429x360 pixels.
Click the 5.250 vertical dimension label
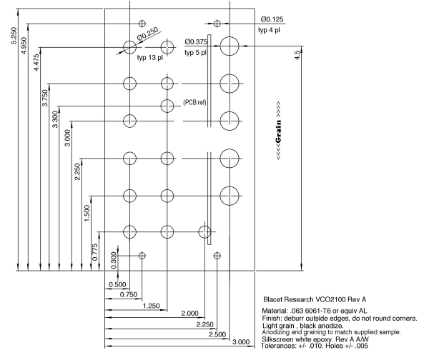pos(14,36)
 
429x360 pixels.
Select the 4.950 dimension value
pos(24,46)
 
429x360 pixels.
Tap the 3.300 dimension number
pos(55,119)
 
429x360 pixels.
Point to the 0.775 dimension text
pos(94,252)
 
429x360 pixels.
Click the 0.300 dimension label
pos(114,260)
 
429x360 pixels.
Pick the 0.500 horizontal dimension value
pos(117,284)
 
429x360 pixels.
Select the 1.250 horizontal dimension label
pos(151,306)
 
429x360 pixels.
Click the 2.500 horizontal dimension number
pos(217,334)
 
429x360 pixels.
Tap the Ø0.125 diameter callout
pos(272,19)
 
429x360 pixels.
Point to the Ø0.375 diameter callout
pos(196,42)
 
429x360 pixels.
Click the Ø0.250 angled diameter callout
pos(148,34)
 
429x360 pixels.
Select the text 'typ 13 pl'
pos(150,58)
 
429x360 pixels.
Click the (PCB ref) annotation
pos(194,103)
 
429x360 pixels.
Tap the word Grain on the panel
pos(279,131)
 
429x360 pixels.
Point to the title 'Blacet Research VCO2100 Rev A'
pos(315,299)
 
